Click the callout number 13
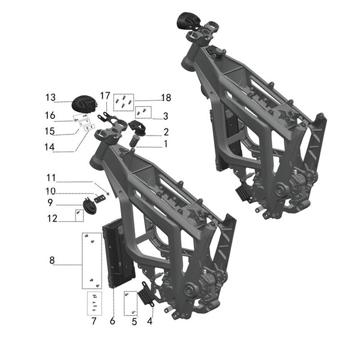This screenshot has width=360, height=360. [50, 98]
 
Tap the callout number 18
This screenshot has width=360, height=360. [166, 98]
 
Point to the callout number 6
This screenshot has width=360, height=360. [112, 321]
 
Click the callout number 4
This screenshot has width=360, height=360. [149, 321]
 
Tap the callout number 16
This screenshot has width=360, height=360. [50, 115]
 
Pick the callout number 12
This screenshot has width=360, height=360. [50, 219]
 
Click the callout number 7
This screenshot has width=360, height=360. [94, 321]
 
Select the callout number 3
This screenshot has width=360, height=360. [166, 115]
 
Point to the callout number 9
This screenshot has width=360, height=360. [51, 203]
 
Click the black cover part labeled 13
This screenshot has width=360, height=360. [84, 103]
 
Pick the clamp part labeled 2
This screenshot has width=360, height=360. [139, 128]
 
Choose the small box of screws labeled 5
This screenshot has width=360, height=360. [130, 303]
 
